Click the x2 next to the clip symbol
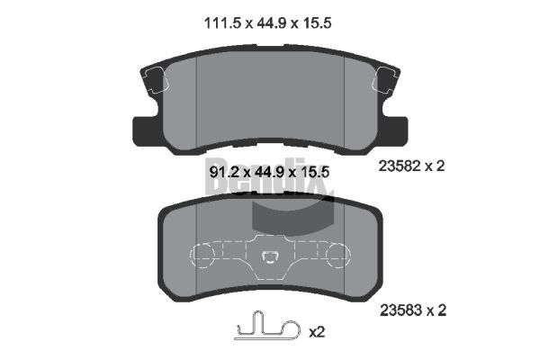(x=317, y=332)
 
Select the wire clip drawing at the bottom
(x=268, y=328)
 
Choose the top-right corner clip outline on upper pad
(x=387, y=78)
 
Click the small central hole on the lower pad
(x=269, y=260)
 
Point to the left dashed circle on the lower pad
(x=205, y=256)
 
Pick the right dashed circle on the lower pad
(x=334, y=256)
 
